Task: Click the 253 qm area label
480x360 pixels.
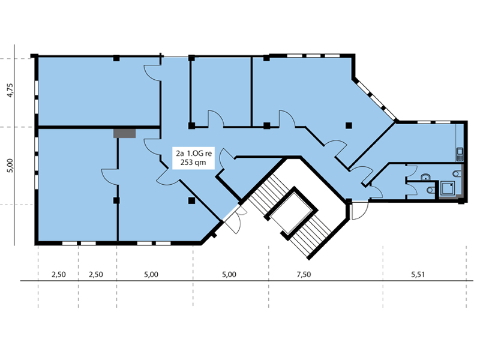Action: point(193,163)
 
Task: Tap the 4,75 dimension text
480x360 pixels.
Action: point(10,91)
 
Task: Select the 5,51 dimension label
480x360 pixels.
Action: point(418,275)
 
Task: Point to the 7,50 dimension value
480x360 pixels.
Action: point(304,275)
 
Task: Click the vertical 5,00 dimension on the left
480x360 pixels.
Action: point(10,166)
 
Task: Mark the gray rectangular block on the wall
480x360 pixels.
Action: point(124,133)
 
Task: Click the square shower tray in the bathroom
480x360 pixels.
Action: point(447,188)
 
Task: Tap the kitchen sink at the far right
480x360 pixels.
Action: point(460,154)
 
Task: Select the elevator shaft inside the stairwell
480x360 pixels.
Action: point(291,213)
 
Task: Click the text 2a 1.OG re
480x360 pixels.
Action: point(193,153)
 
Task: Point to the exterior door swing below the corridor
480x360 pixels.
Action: point(359,210)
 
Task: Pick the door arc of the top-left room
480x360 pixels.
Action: point(152,73)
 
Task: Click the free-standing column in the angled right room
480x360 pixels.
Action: point(349,125)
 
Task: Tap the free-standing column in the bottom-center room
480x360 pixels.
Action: point(191,200)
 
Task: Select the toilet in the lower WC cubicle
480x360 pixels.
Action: point(430,190)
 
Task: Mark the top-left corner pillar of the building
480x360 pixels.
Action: point(34,56)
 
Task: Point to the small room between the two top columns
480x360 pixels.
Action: point(221,92)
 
